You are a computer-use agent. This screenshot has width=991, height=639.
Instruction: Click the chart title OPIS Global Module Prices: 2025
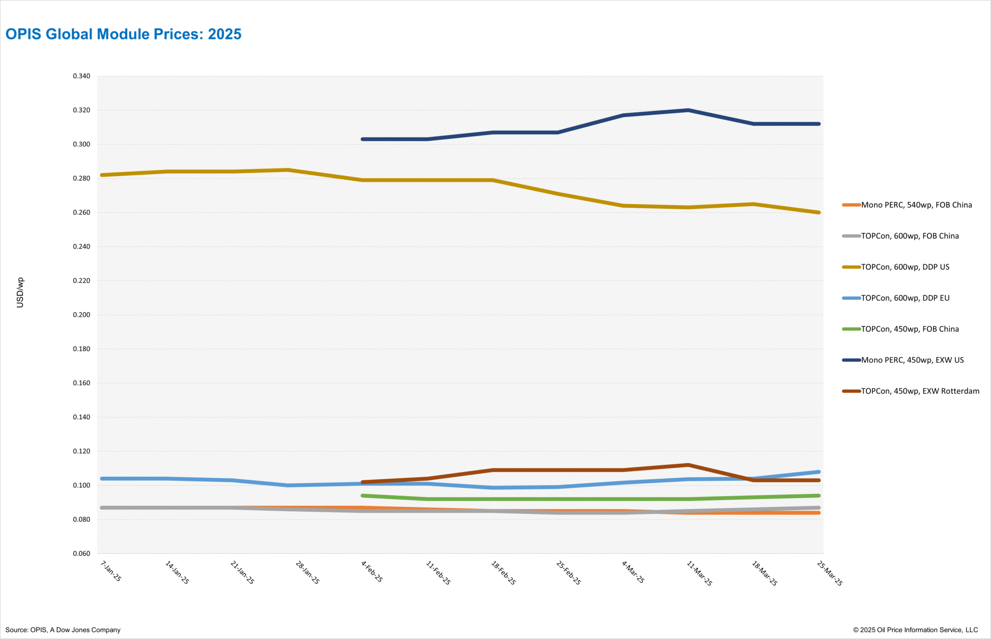coord(123,34)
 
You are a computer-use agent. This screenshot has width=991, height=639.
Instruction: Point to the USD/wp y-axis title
coord(20,292)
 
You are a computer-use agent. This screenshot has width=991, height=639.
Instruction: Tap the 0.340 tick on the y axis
coord(81,76)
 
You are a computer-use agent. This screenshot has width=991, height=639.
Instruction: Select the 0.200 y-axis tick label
coord(81,315)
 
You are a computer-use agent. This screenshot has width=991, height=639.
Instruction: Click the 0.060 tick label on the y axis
coord(81,554)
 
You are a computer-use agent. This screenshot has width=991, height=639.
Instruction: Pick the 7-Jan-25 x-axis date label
coord(111,571)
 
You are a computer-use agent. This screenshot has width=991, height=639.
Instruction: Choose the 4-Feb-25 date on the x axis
coord(372,572)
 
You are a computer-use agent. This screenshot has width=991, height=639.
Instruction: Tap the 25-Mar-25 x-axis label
coord(829,574)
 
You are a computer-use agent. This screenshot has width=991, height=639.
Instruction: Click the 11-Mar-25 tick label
coord(699,574)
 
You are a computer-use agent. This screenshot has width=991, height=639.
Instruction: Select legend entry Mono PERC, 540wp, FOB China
coord(916,205)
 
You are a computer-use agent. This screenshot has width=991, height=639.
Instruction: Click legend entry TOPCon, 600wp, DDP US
coord(905,267)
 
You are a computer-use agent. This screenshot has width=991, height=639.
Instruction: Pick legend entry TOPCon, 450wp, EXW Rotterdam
coord(919,391)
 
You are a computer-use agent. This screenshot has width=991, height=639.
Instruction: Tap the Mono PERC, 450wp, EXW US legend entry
coord(912,360)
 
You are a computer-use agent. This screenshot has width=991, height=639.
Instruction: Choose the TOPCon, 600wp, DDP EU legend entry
coord(905,298)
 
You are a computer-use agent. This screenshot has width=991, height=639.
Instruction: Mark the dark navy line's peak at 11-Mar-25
coord(688,110)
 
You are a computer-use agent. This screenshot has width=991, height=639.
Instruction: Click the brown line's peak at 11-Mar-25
coord(688,465)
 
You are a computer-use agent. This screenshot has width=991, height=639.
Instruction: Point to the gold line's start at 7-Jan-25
coord(102,175)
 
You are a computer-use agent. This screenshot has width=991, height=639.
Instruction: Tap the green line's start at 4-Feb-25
coord(363,496)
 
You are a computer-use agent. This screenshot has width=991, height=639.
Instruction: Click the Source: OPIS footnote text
coord(63,630)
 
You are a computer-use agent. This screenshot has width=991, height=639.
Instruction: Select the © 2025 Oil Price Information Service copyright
coord(916,630)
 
